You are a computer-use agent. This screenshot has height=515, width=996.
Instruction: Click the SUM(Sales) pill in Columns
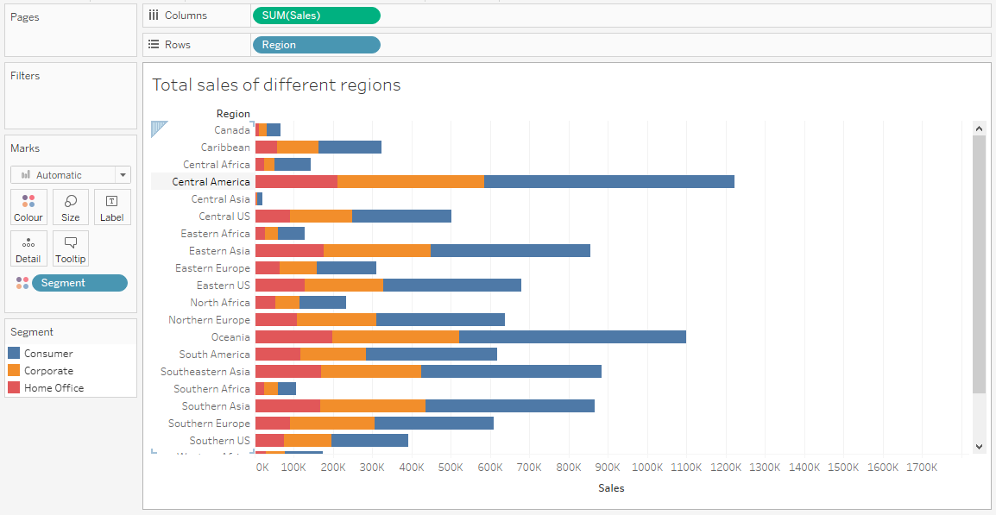click(316, 16)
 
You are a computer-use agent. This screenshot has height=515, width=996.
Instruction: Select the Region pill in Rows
click(316, 45)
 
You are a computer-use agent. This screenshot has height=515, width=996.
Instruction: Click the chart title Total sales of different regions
click(276, 85)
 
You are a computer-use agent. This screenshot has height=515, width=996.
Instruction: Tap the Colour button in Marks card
click(28, 207)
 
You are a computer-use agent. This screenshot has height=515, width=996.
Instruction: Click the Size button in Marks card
click(71, 207)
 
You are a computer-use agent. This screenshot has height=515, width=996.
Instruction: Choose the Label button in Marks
click(112, 207)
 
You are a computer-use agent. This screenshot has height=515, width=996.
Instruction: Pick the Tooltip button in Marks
click(71, 248)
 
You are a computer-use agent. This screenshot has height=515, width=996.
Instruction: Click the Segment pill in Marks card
click(79, 283)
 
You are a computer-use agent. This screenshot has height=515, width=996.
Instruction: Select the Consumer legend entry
click(48, 354)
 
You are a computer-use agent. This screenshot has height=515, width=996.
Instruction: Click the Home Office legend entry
click(54, 388)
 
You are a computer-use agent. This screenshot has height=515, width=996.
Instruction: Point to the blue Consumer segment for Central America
click(608, 182)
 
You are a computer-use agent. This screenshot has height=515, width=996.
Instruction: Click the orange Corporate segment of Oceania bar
click(395, 337)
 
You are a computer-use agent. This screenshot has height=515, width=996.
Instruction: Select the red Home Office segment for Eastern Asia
click(289, 251)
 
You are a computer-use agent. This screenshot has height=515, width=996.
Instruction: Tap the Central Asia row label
click(220, 199)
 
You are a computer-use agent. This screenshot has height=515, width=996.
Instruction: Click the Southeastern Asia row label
click(205, 372)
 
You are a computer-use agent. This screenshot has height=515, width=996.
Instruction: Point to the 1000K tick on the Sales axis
click(647, 468)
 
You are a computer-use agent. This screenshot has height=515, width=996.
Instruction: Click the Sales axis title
click(610, 488)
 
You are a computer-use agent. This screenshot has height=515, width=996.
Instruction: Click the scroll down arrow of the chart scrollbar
click(979, 446)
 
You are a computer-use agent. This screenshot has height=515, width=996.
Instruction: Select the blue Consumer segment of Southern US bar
click(369, 441)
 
